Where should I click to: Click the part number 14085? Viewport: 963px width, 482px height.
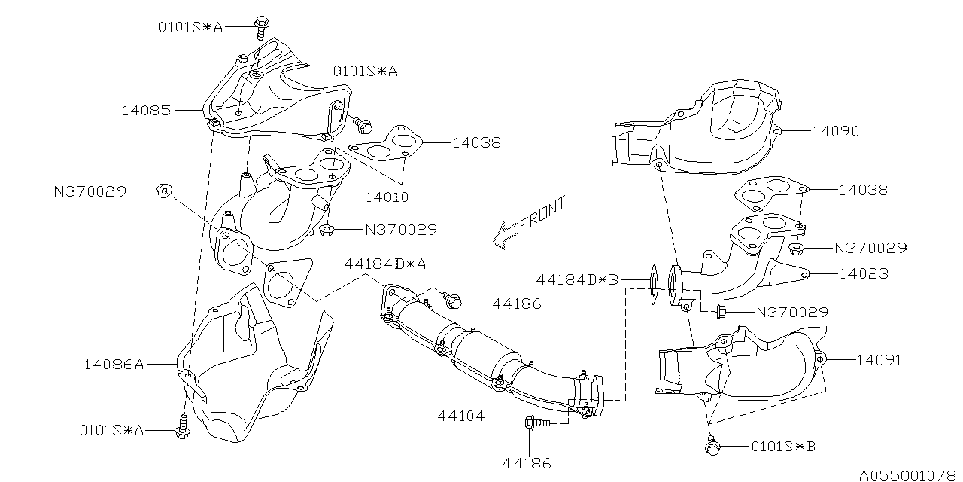tap(146, 110)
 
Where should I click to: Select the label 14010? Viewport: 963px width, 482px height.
tap(387, 198)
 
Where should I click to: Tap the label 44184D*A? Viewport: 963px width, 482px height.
tap(386, 264)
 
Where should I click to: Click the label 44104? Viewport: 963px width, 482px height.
tap(460, 415)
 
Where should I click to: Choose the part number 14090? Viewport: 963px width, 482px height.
tap(835, 131)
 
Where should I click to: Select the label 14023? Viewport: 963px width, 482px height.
tap(864, 274)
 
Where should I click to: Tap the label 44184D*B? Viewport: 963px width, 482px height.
tap(577, 279)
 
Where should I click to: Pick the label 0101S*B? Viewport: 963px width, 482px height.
tap(783, 447)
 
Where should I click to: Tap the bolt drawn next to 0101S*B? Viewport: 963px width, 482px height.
tap(711, 447)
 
